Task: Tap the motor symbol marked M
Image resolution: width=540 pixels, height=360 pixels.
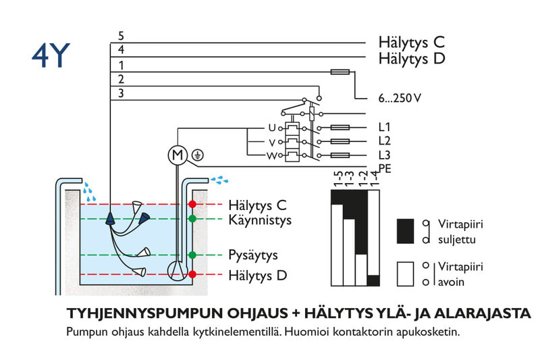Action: (177, 155)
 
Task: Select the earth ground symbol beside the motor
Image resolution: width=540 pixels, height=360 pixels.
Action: (198, 155)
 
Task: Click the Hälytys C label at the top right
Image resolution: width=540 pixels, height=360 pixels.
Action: (411, 43)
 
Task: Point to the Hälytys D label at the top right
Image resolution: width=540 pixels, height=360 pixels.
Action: (412, 59)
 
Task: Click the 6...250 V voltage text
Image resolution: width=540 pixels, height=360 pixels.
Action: (400, 99)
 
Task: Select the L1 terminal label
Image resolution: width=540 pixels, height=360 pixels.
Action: (385, 128)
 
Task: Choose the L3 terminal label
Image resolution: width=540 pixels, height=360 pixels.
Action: (385, 155)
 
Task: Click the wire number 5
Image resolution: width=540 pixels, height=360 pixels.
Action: (121, 36)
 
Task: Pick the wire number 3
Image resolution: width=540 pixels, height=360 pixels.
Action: (121, 93)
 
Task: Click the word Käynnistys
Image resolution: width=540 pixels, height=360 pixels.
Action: (260, 220)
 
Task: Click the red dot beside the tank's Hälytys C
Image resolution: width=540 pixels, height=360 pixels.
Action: (192, 204)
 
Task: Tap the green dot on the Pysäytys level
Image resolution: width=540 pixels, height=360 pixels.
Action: (192, 255)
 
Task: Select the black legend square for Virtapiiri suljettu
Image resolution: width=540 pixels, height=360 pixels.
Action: (404, 231)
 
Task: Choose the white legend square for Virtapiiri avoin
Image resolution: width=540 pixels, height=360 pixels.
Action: (404, 274)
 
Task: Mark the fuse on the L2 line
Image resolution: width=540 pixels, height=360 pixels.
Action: (338, 141)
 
